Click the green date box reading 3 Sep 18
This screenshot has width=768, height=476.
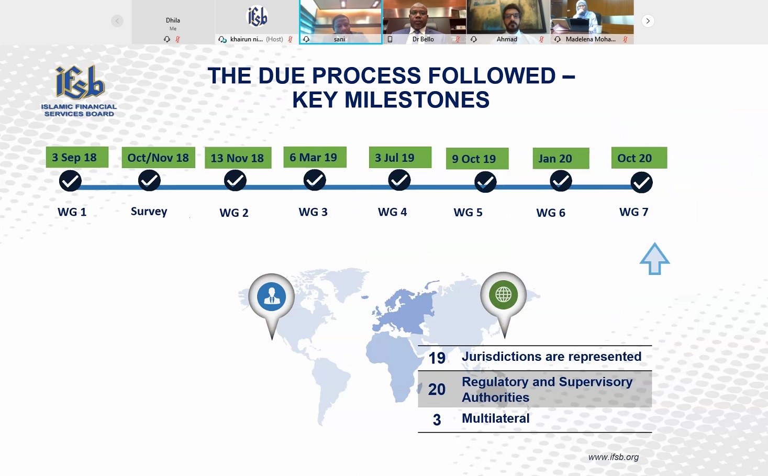coord(77,158)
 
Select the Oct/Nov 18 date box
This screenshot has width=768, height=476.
coord(159,158)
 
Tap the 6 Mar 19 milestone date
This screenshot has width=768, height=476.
coord(315,157)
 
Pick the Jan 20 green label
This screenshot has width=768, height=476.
coord(561,159)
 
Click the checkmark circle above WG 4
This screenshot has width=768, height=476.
coord(399,180)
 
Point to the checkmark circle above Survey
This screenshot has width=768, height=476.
coord(149,180)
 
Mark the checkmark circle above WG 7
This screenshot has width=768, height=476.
coord(641,182)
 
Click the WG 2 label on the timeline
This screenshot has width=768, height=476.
coord(234,213)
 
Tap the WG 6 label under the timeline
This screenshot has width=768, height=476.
coord(551,213)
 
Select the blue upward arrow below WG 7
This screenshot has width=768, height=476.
coord(654,259)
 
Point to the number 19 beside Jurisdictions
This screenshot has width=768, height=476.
coord(437,358)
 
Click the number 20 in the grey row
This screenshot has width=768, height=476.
coord(437,389)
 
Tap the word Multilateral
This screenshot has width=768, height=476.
coord(495,418)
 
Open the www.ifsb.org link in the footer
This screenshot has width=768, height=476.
coord(614,457)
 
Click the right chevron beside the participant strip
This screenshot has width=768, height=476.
coord(648,21)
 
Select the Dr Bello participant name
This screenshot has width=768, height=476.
coord(423,39)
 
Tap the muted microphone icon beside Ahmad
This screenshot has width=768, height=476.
coord(541,39)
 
